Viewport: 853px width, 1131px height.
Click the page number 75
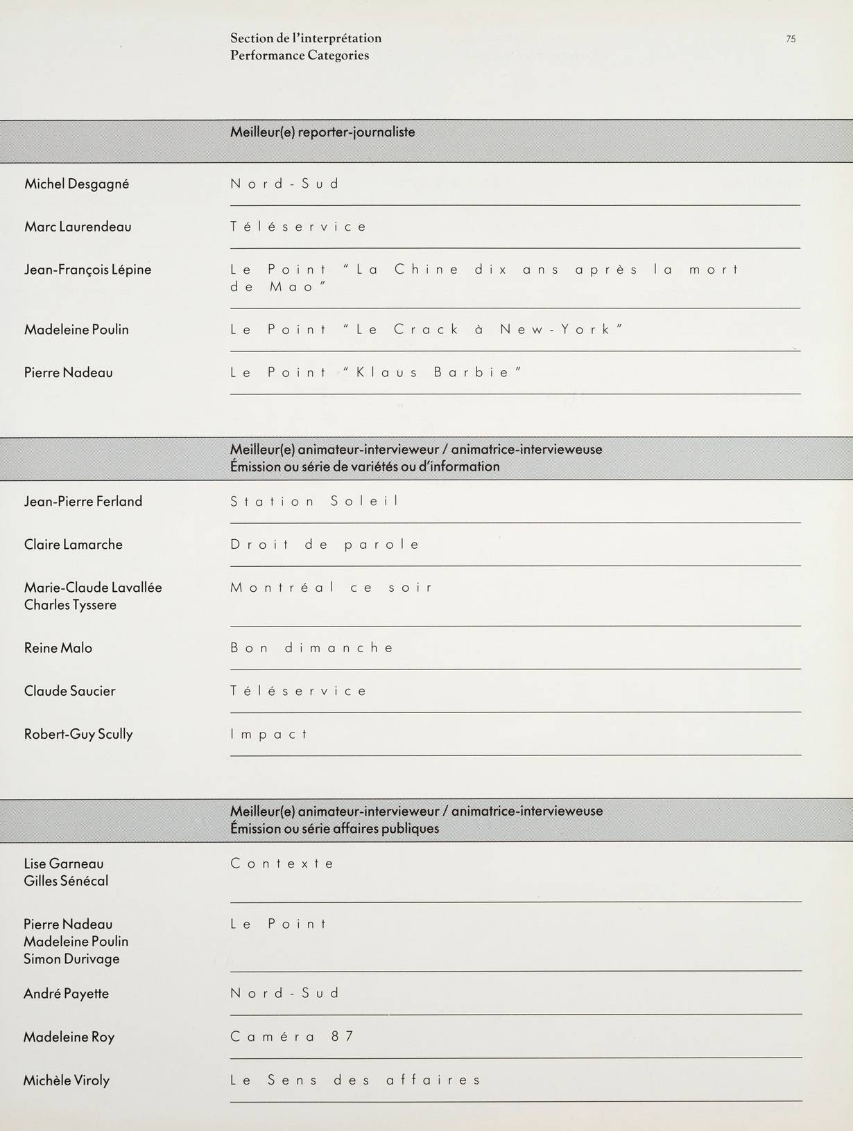tap(791, 40)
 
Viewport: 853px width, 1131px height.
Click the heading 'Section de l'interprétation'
tap(306, 38)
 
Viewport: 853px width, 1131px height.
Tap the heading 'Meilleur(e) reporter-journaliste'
tap(322, 132)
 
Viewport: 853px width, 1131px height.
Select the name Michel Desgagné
tap(77, 184)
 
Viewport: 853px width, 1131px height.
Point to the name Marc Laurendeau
tap(78, 227)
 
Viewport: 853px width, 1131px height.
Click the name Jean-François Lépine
tap(87, 270)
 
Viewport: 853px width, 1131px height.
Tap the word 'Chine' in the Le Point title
tap(426, 270)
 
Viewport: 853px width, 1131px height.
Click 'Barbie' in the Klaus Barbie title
tap(472, 372)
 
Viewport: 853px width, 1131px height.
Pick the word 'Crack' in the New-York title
tap(426, 329)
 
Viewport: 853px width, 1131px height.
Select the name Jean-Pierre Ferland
tap(83, 502)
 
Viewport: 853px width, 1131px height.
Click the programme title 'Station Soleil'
tap(315, 501)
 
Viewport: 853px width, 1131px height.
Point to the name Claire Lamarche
tap(74, 545)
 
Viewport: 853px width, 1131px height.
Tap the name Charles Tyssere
tap(70, 605)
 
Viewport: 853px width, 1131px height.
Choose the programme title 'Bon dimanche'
tap(312, 648)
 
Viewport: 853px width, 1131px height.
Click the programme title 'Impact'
tap(269, 734)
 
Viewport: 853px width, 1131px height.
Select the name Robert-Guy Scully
tap(78, 735)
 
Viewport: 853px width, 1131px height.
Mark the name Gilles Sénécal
tap(66, 881)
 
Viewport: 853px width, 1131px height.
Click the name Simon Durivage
tap(71, 959)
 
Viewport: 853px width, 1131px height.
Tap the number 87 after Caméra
tap(342, 1037)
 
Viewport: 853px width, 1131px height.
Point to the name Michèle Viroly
tap(67, 1080)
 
